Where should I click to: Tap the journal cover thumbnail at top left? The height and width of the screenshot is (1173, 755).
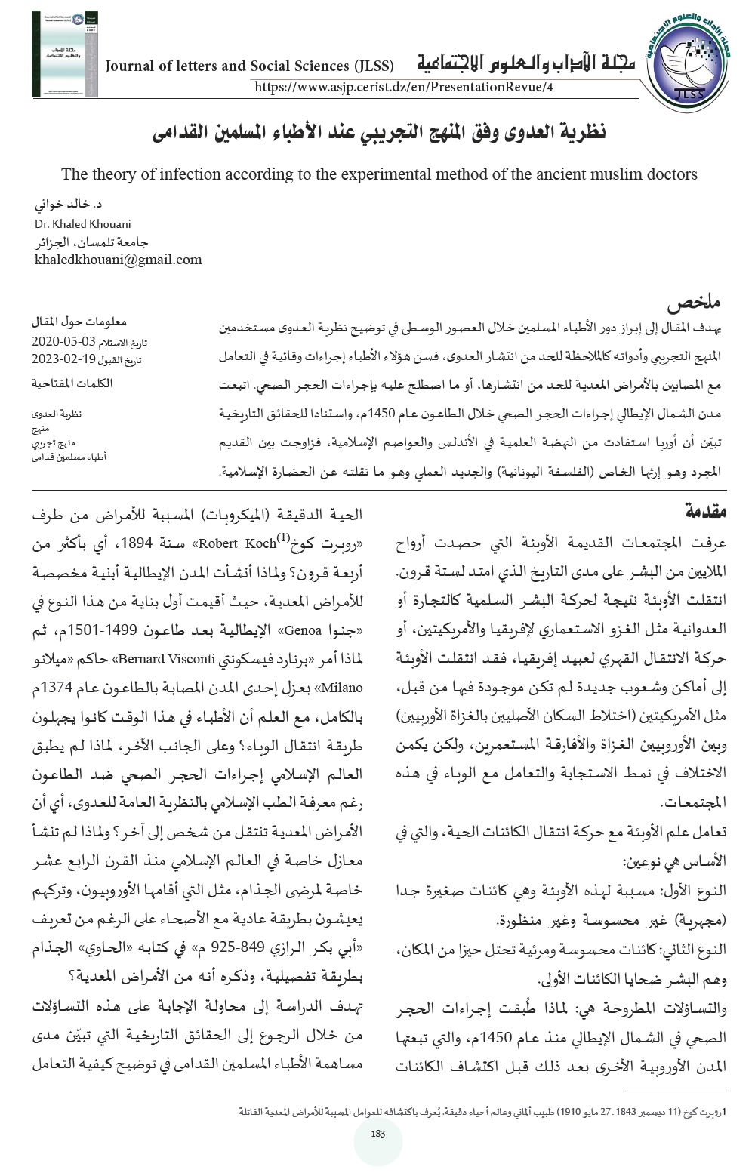[64, 54]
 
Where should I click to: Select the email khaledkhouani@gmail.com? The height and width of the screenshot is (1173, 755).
[119, 260]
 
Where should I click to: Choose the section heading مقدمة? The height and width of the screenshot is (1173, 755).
[705, 511]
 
